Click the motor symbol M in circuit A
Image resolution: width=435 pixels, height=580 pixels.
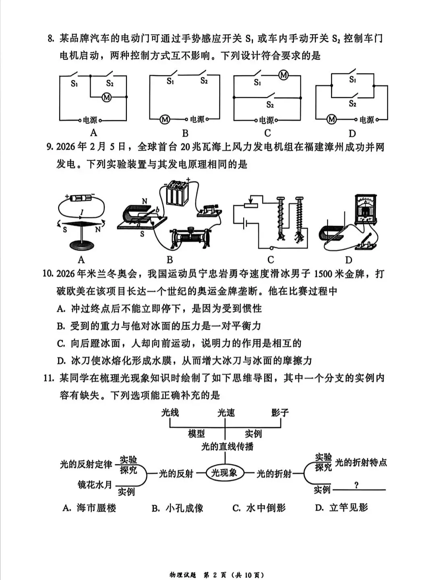[x=106, y=97]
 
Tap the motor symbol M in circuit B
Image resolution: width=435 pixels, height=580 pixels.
[x=164, y=119]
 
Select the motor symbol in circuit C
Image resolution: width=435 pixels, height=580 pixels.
[x=284, y=75]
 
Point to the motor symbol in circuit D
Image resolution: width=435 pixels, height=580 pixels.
[x=331, y=119]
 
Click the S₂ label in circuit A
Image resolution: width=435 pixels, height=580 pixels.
[x=110, y=83]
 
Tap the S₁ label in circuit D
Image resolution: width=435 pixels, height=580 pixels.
[x=352, y=80]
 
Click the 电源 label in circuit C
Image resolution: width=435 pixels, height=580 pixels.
[x=266, y=120]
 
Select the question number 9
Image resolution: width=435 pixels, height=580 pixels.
[x=50, y=147]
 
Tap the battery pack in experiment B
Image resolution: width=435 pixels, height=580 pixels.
[x=174, y=193]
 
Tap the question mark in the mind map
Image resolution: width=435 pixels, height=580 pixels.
[x=356, y=485]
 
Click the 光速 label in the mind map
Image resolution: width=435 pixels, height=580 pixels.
[x=226, y=412]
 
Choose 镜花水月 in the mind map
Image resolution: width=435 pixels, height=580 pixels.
[x=95, y=485]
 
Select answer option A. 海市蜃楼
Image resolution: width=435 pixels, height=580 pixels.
[x=89, y=508]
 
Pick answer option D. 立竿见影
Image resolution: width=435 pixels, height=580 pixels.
[x=342, y=508]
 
